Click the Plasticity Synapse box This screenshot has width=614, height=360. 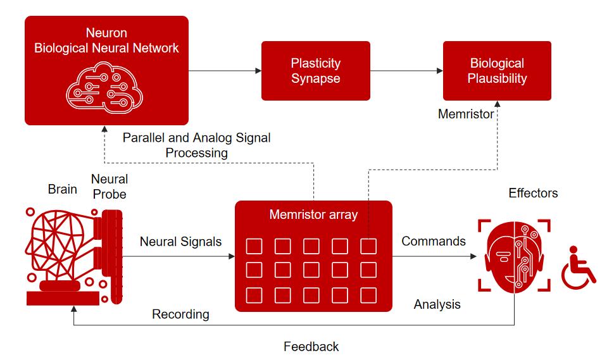(x=315, y=71)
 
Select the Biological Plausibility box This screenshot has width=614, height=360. (x=497, y=71)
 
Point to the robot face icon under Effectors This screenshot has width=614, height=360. (x=513, y=256)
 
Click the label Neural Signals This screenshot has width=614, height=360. (x=180, y=242)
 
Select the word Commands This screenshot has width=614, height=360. (x=434, y=241)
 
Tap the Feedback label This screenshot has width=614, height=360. (x=311, y=347)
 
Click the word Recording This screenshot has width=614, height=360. (x=180, y=314)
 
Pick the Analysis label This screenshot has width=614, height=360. (x=437, y=304)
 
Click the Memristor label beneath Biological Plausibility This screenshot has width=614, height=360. (x=465, y=115)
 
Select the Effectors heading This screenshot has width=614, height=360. (x=533, y=193)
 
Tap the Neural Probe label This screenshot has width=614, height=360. (x=109, y=187)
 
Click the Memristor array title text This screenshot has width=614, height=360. (x=313, y=214)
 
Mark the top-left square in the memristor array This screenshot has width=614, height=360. (x=254, y=245)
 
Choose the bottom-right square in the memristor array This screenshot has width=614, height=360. (x=368, y=295)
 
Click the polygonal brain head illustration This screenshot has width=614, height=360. (x=60, y=250)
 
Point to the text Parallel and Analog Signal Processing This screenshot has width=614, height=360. (x=196, y=145)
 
